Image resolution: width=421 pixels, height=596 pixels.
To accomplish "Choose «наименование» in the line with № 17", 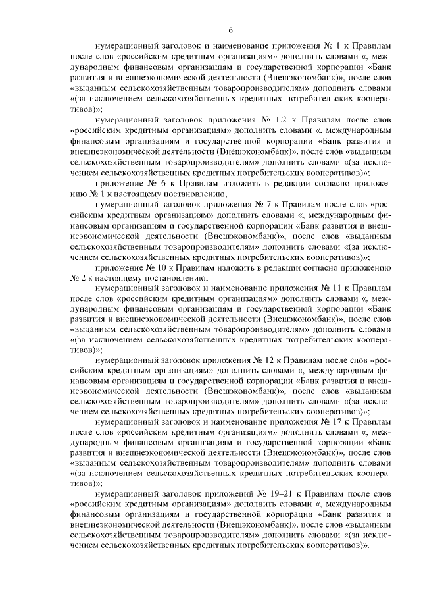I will coord(235,421).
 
